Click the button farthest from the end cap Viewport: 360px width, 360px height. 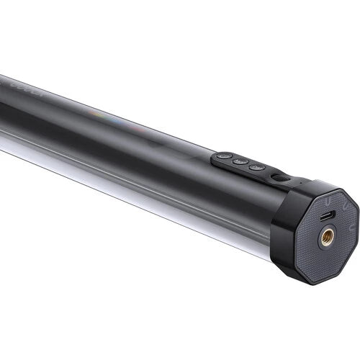point(224,155)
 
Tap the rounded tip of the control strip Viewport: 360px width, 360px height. point(215,157)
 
